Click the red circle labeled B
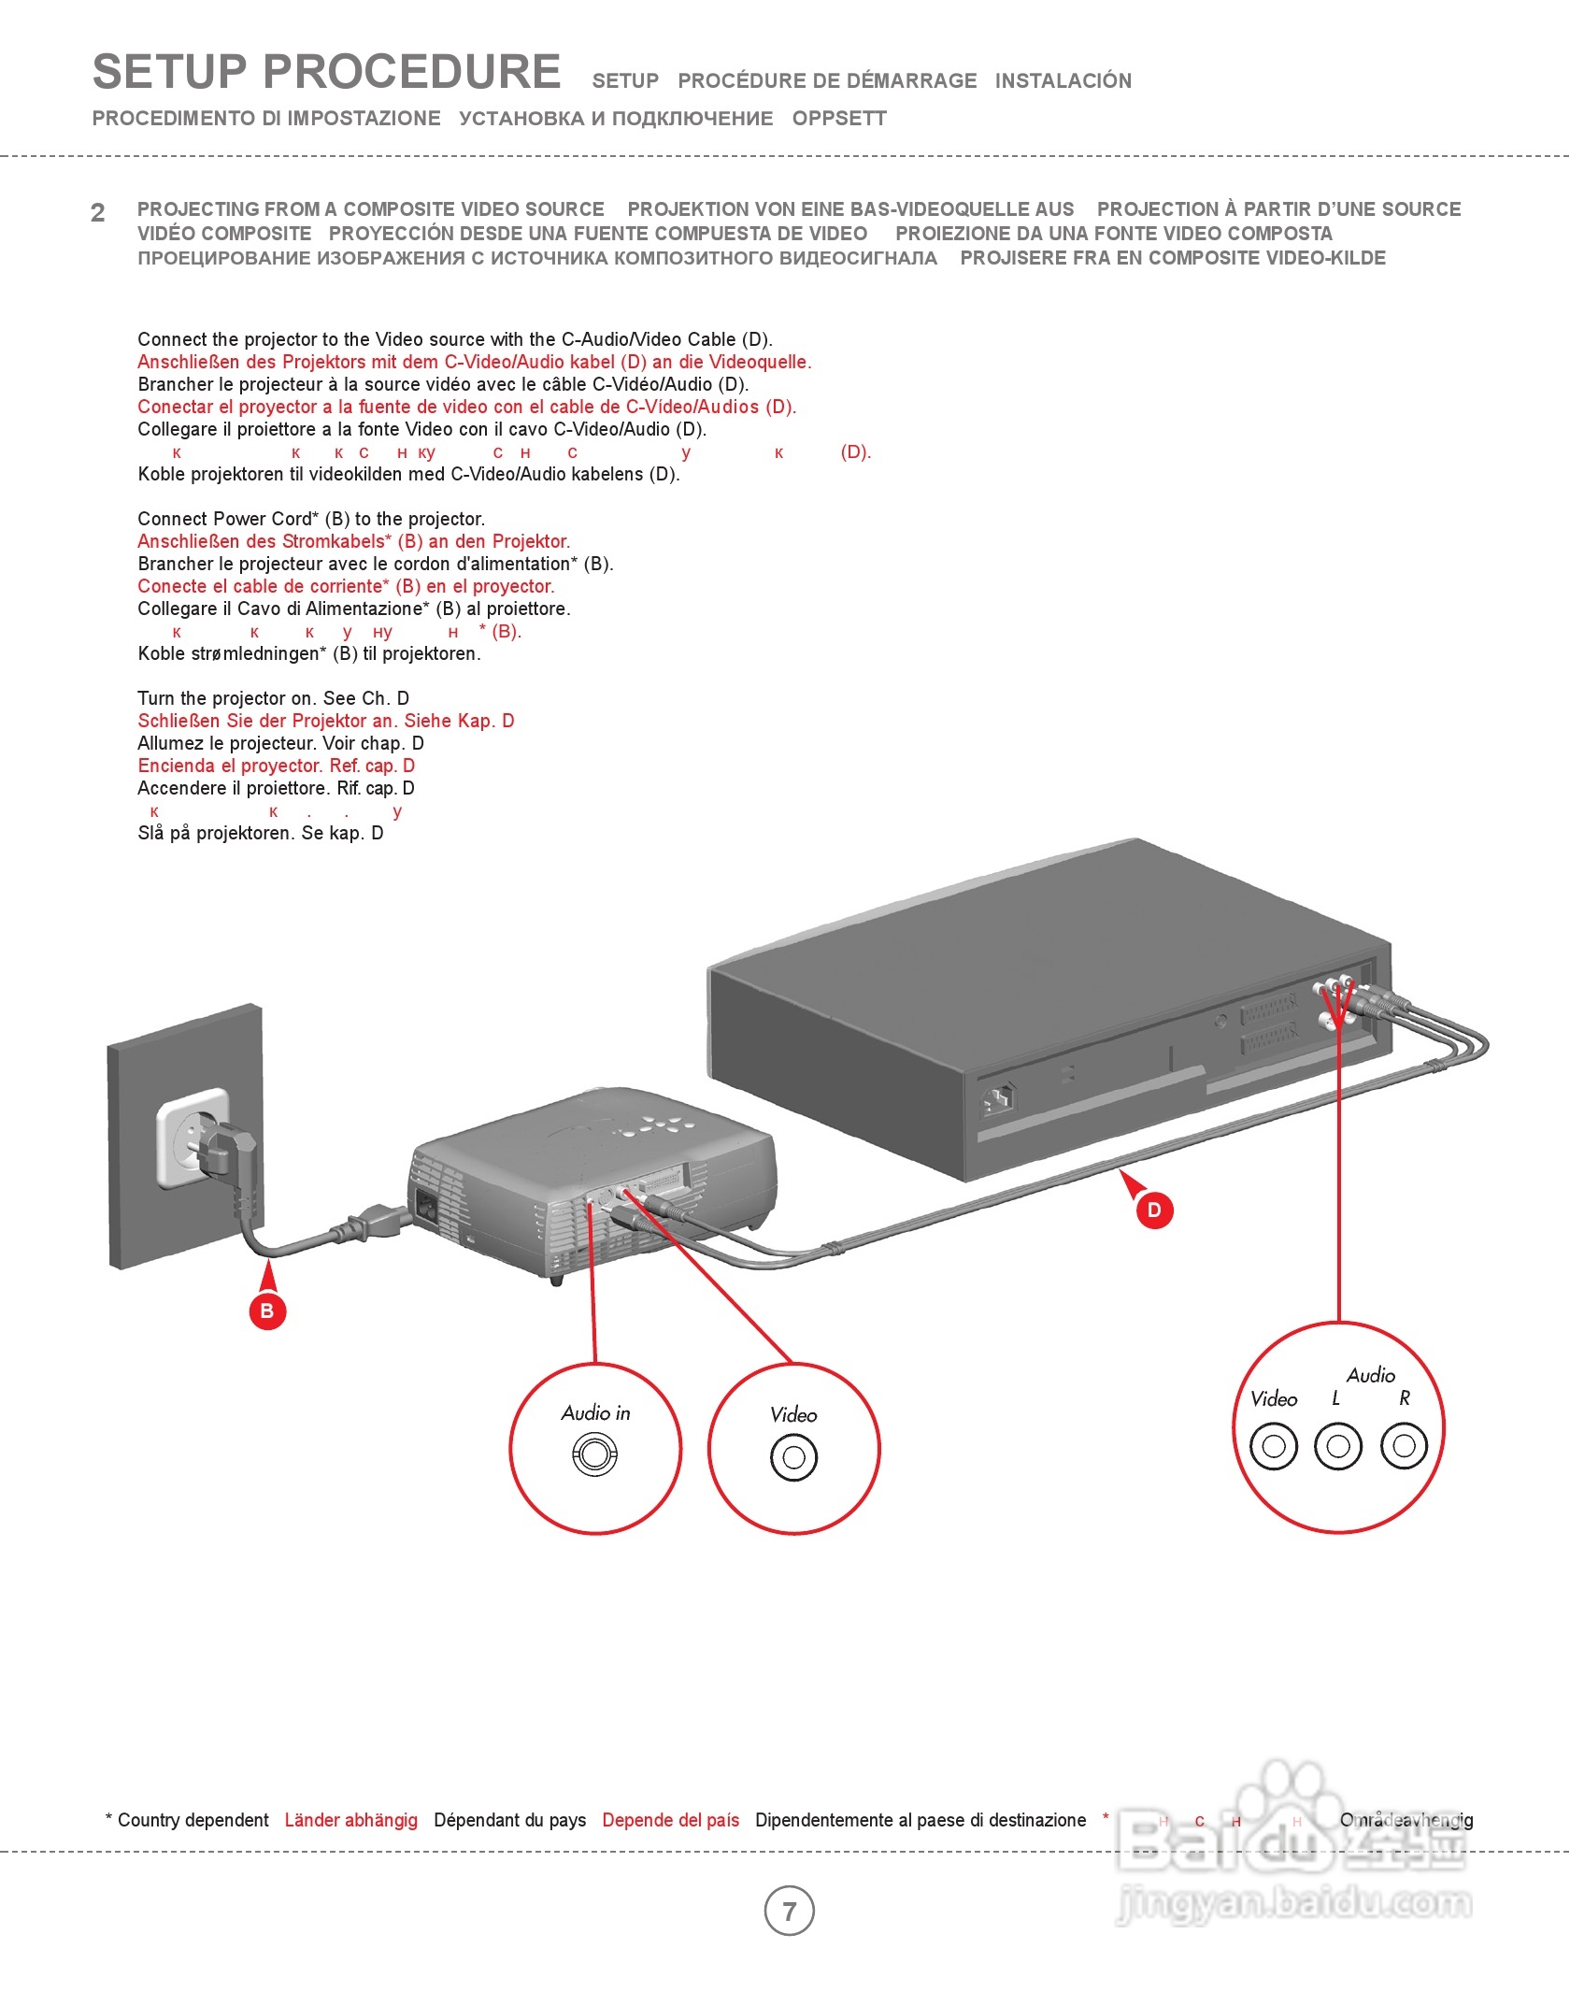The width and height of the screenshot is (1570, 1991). [267, 1311]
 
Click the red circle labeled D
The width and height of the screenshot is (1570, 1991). [1154, 1210]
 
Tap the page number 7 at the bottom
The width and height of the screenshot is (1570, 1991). [790, 1911]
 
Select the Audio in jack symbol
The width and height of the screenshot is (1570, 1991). [594, 1455]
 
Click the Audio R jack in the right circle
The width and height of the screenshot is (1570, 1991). [1404, 1446]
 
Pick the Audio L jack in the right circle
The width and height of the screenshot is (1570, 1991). [1338, 1446]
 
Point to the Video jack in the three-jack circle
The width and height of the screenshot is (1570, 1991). [1274, 1446]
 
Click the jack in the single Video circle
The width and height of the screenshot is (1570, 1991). [793, 1457]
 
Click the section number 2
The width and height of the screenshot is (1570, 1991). [98, 213]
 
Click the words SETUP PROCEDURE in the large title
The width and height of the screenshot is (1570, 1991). [327, 73]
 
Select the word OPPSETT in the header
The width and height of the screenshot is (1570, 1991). [839, 119]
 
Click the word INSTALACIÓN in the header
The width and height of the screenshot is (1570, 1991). [1063, 81]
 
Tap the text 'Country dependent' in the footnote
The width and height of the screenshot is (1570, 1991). [193, 1820]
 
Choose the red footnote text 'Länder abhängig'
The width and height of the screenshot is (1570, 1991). [351, 1820]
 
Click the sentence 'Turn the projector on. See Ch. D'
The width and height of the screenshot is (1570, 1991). [273, 698]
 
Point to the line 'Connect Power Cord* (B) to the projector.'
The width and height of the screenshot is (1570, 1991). [311, 519]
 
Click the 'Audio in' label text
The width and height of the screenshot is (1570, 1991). [596, 1413]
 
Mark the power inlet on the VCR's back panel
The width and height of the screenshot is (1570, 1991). [999, 1100]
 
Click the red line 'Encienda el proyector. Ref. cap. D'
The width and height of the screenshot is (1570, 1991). [276, 766]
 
